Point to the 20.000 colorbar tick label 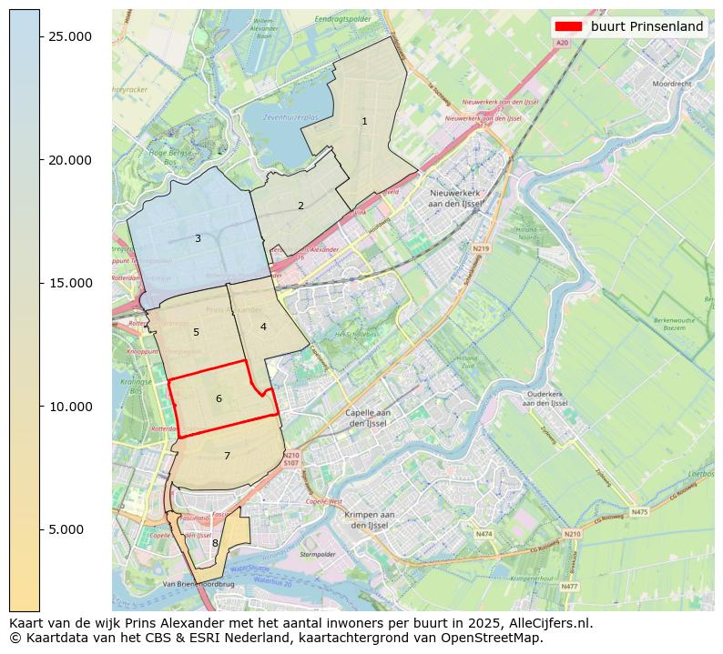(x=70, y=160)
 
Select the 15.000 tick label (x=70, y=283)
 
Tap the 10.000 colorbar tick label (x=70, y=407)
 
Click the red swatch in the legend (x=568, y=26)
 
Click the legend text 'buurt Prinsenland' (x=647, y=26)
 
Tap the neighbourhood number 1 (x=364, y=121)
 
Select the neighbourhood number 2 (x=300, y=206)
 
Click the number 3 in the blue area (x=198, y=238)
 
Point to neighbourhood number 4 (x=263, y=327)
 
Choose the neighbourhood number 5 (x=196, y=332)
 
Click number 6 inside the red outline (x=219, y=398)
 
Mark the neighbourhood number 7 (x=227, y=456)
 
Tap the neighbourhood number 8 (x=215, y=543)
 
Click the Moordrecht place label (x=672, y=83)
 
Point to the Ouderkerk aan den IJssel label (x=547, y=398)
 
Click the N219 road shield (x=481, y=248)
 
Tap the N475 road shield (x=639, y=512)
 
